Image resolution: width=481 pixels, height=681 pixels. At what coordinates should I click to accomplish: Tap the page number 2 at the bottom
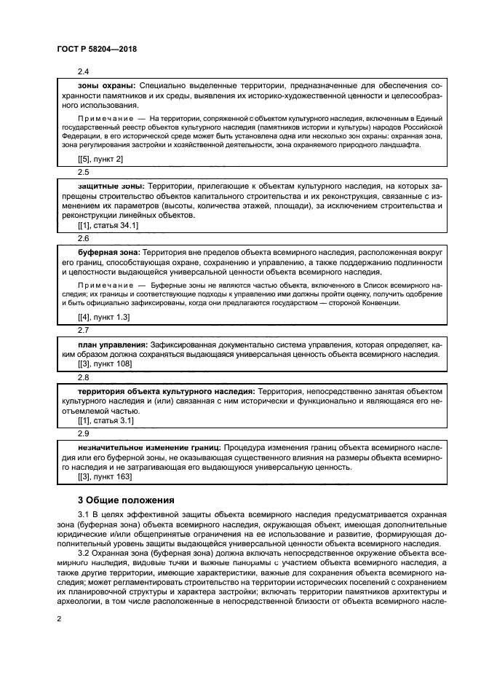point(59,618)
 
